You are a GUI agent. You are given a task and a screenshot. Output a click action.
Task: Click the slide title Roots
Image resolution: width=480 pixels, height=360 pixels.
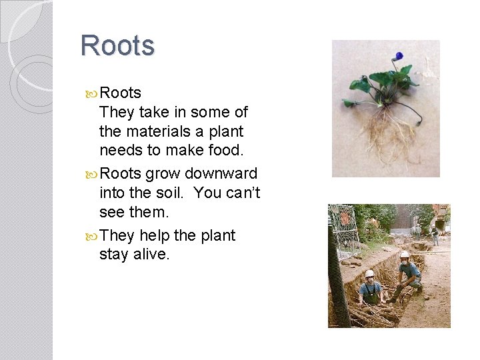[117, 46]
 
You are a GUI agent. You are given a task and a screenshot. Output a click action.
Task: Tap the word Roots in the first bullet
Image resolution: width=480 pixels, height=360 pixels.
[120, 93]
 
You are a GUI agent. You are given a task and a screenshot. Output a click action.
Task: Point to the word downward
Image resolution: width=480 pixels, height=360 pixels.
[221, 174]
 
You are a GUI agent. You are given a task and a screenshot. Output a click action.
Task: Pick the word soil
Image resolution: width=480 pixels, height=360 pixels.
[165, 194]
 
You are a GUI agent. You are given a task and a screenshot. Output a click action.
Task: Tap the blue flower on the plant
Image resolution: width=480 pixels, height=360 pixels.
[399, 56]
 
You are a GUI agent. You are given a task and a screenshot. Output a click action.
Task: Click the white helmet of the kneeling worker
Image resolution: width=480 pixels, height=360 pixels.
[404, 255]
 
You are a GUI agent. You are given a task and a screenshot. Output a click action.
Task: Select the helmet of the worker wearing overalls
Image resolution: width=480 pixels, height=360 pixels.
[369, 273]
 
